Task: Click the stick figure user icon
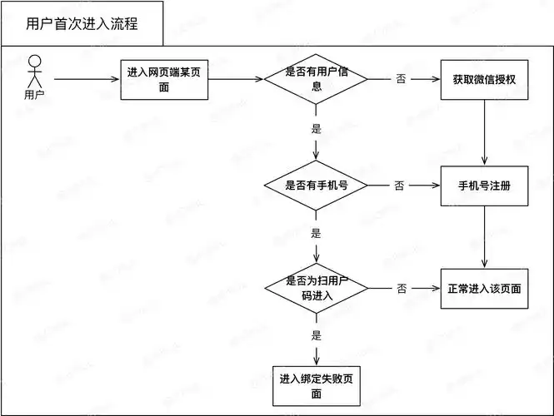coord(35,71)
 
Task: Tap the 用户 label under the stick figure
coord(35,94)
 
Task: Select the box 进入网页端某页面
coord(164,80)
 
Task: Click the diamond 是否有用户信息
coord(316,80)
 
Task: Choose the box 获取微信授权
coord(485,80)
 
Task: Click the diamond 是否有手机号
coord(316,185)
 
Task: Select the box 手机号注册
coord(485,185)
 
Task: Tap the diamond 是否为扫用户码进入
coord(316,288)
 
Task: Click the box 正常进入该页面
coord(485,288)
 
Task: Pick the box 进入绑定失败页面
coord(316,386)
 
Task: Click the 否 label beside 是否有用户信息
coord(402,80)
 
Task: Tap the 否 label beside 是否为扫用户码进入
coord(402,288)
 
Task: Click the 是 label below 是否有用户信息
coord(316,129)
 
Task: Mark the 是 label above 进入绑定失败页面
coord(316,335)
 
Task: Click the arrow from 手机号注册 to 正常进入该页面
coord(485,236)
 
